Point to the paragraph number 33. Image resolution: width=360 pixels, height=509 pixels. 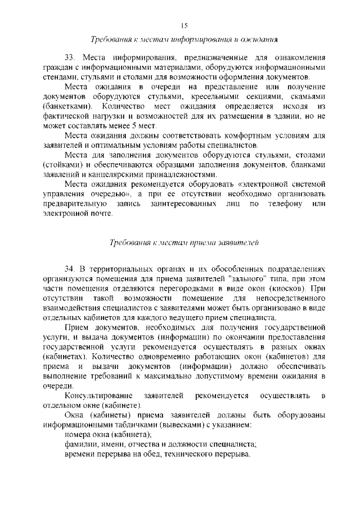click(x=70, y=58)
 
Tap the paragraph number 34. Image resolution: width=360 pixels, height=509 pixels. click(x=70, y=269)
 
